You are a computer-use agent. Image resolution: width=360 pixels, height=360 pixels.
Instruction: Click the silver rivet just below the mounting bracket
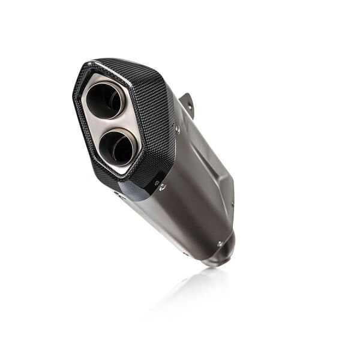[177, 128]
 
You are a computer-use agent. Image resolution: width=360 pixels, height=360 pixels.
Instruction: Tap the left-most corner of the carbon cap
[74, 102]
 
